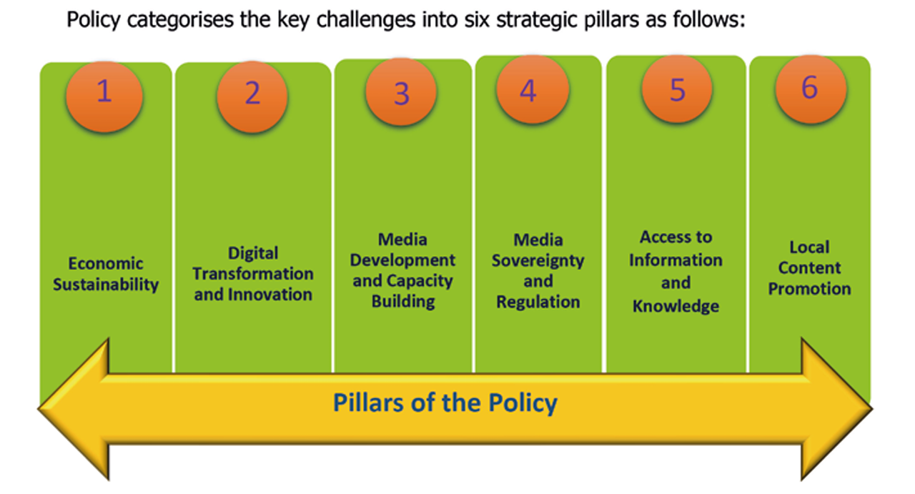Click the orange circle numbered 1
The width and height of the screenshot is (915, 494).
pos(104,97)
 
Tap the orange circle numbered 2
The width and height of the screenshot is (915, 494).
pos(252,97)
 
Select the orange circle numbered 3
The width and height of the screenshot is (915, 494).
pos(401,92)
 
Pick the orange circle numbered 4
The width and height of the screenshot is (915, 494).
pos(533,89)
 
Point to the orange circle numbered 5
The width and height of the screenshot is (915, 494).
pos(677,89)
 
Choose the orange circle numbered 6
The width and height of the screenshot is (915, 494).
pos(811,89)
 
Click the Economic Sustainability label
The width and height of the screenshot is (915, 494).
pos(106,275)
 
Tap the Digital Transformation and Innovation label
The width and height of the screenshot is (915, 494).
pos(253,274)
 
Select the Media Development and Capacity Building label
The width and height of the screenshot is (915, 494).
pos(402,270)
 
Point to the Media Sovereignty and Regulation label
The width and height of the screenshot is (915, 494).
pos(538,271)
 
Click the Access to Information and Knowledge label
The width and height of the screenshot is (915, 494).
pos(676,272)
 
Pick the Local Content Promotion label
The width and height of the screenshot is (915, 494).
pos(809,268)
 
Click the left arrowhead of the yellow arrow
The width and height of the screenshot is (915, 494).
pos(74,409)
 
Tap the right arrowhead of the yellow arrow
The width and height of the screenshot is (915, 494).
pos(836,409)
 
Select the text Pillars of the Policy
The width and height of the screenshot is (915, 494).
pos(445,403)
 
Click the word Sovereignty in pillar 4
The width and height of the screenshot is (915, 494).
pos(538,261)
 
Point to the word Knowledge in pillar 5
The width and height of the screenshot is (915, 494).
pos(676,306)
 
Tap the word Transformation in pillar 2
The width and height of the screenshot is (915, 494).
pos(253,274)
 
